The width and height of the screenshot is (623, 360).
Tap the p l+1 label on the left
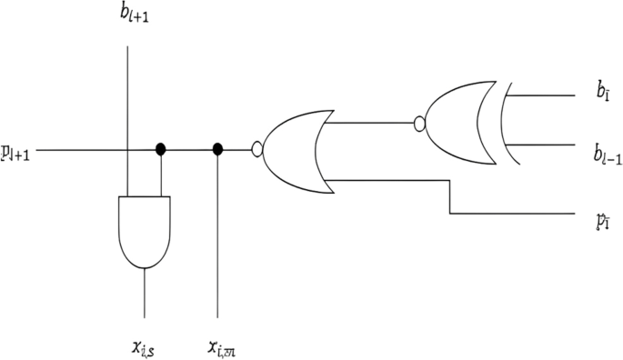click(16, 153)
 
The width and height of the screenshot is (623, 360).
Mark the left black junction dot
click(161, 149)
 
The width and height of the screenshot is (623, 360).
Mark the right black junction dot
click(217, 149)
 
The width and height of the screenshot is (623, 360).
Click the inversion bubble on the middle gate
click(257, 149)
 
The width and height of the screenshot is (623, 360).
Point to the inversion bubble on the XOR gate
click(419, 122)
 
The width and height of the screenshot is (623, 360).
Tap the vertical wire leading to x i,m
click(217, 245)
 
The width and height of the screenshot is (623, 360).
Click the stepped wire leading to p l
click(450, 196)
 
